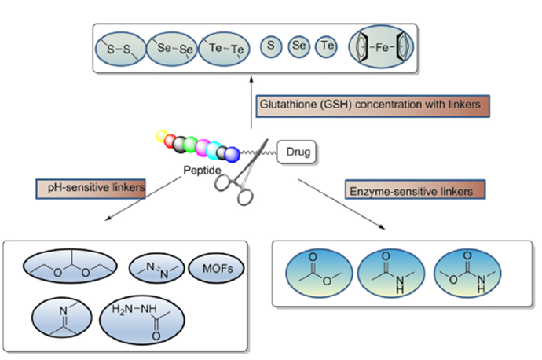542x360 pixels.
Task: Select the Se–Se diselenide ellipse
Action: tap(172, 48)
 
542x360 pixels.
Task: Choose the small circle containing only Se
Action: tap(299, 48)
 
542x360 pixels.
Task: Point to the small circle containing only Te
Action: tap(327, 48)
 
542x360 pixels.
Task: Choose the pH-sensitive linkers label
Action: tap(82, 189)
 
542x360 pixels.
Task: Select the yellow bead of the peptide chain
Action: tap(163, 138)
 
